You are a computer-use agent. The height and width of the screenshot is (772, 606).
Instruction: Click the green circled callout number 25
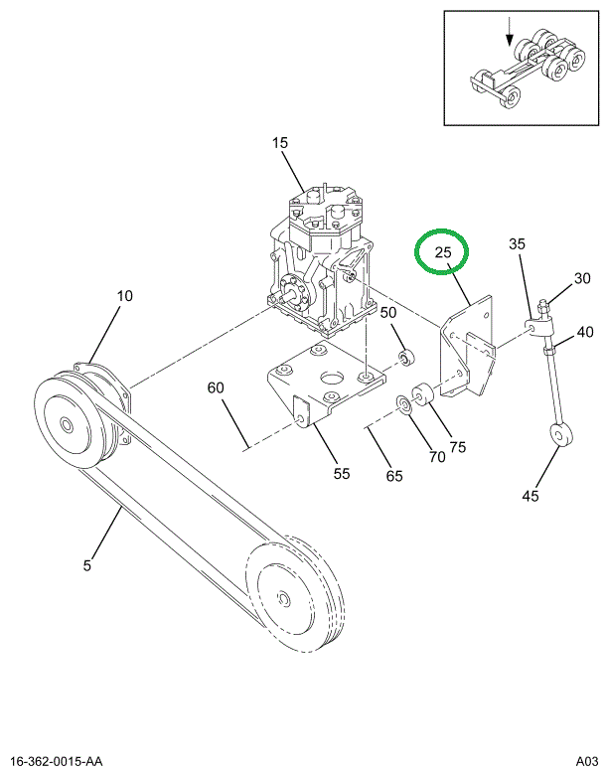442,252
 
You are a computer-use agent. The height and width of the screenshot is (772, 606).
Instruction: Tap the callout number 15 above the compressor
279,143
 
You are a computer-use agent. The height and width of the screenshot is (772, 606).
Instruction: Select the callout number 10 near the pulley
124,296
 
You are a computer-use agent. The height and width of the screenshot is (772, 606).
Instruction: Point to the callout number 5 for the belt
87,565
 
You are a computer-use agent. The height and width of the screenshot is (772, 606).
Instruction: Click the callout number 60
216,387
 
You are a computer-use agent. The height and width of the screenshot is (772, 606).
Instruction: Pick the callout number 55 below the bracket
341,474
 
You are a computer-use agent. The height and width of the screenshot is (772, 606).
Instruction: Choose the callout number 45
530,496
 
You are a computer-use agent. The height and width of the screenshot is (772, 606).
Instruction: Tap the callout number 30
582,278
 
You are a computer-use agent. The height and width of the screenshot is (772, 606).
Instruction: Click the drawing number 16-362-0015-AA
56,761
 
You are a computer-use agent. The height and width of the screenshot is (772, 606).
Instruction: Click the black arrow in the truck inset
510,32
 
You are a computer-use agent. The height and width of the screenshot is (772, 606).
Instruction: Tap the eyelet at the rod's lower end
560,434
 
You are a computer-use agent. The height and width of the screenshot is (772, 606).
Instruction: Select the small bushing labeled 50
407,358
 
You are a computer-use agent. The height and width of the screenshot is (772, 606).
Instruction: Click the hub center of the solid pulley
66,423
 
